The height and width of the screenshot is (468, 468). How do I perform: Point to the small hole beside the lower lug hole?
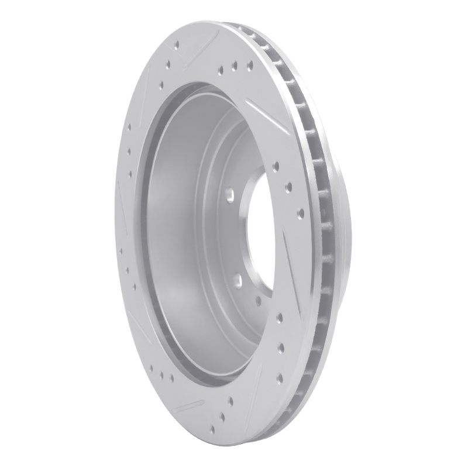click(258, 302)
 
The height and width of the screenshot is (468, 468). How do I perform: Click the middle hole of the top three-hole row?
click(235, 67)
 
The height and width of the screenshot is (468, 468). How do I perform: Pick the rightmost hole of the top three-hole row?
click(249, 64)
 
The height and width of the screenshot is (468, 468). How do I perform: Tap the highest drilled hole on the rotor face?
click(176, 43)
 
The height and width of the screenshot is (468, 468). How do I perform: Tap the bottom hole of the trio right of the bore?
click(300, 212)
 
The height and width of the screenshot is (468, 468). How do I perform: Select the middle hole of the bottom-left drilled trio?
click(161, 373)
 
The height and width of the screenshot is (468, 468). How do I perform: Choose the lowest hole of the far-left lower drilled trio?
click(135, 287)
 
